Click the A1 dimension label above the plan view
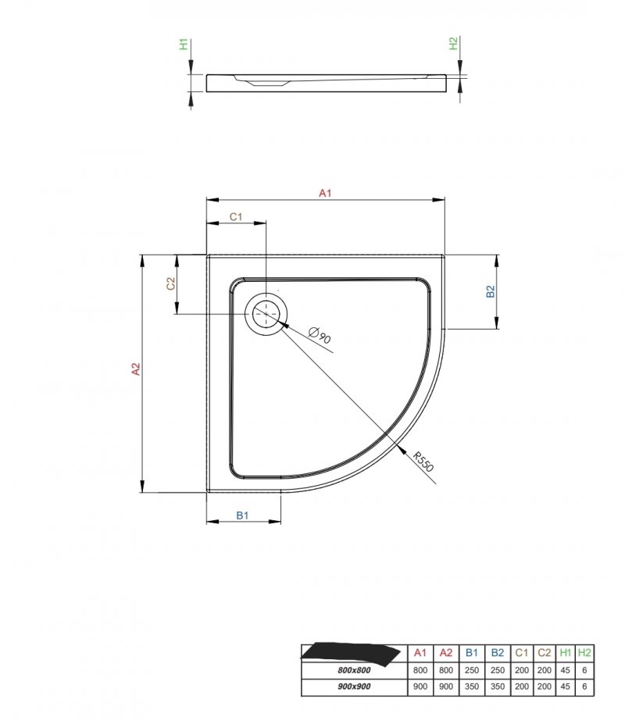point(325,193)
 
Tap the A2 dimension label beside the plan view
point(136,369)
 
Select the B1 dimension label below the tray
point(242,515)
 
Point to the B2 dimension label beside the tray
point(491,291)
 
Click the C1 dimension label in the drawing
point(236,216)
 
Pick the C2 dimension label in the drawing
point(171,284)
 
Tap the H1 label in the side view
point(184,45)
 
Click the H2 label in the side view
point(453,44)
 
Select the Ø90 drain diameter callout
point(320,335)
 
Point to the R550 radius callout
point(423,462)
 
